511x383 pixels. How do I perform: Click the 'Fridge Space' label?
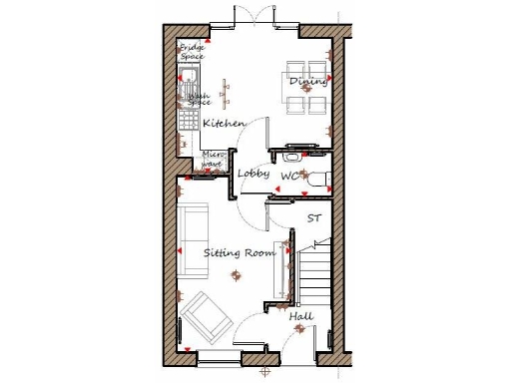[191, 52]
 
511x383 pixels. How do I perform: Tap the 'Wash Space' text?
[199, 101]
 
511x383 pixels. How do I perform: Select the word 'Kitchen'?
[225, 123]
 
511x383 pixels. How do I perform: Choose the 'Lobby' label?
[254, 174]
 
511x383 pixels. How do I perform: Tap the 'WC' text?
[289, 177]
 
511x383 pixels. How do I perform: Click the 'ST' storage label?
[313, 217]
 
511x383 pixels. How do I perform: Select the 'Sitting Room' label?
[240, 253]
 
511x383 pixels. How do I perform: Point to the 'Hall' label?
[301, 316]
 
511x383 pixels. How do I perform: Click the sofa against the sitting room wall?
[191, 239]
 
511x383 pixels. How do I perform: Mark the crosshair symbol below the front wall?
[264, 372]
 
